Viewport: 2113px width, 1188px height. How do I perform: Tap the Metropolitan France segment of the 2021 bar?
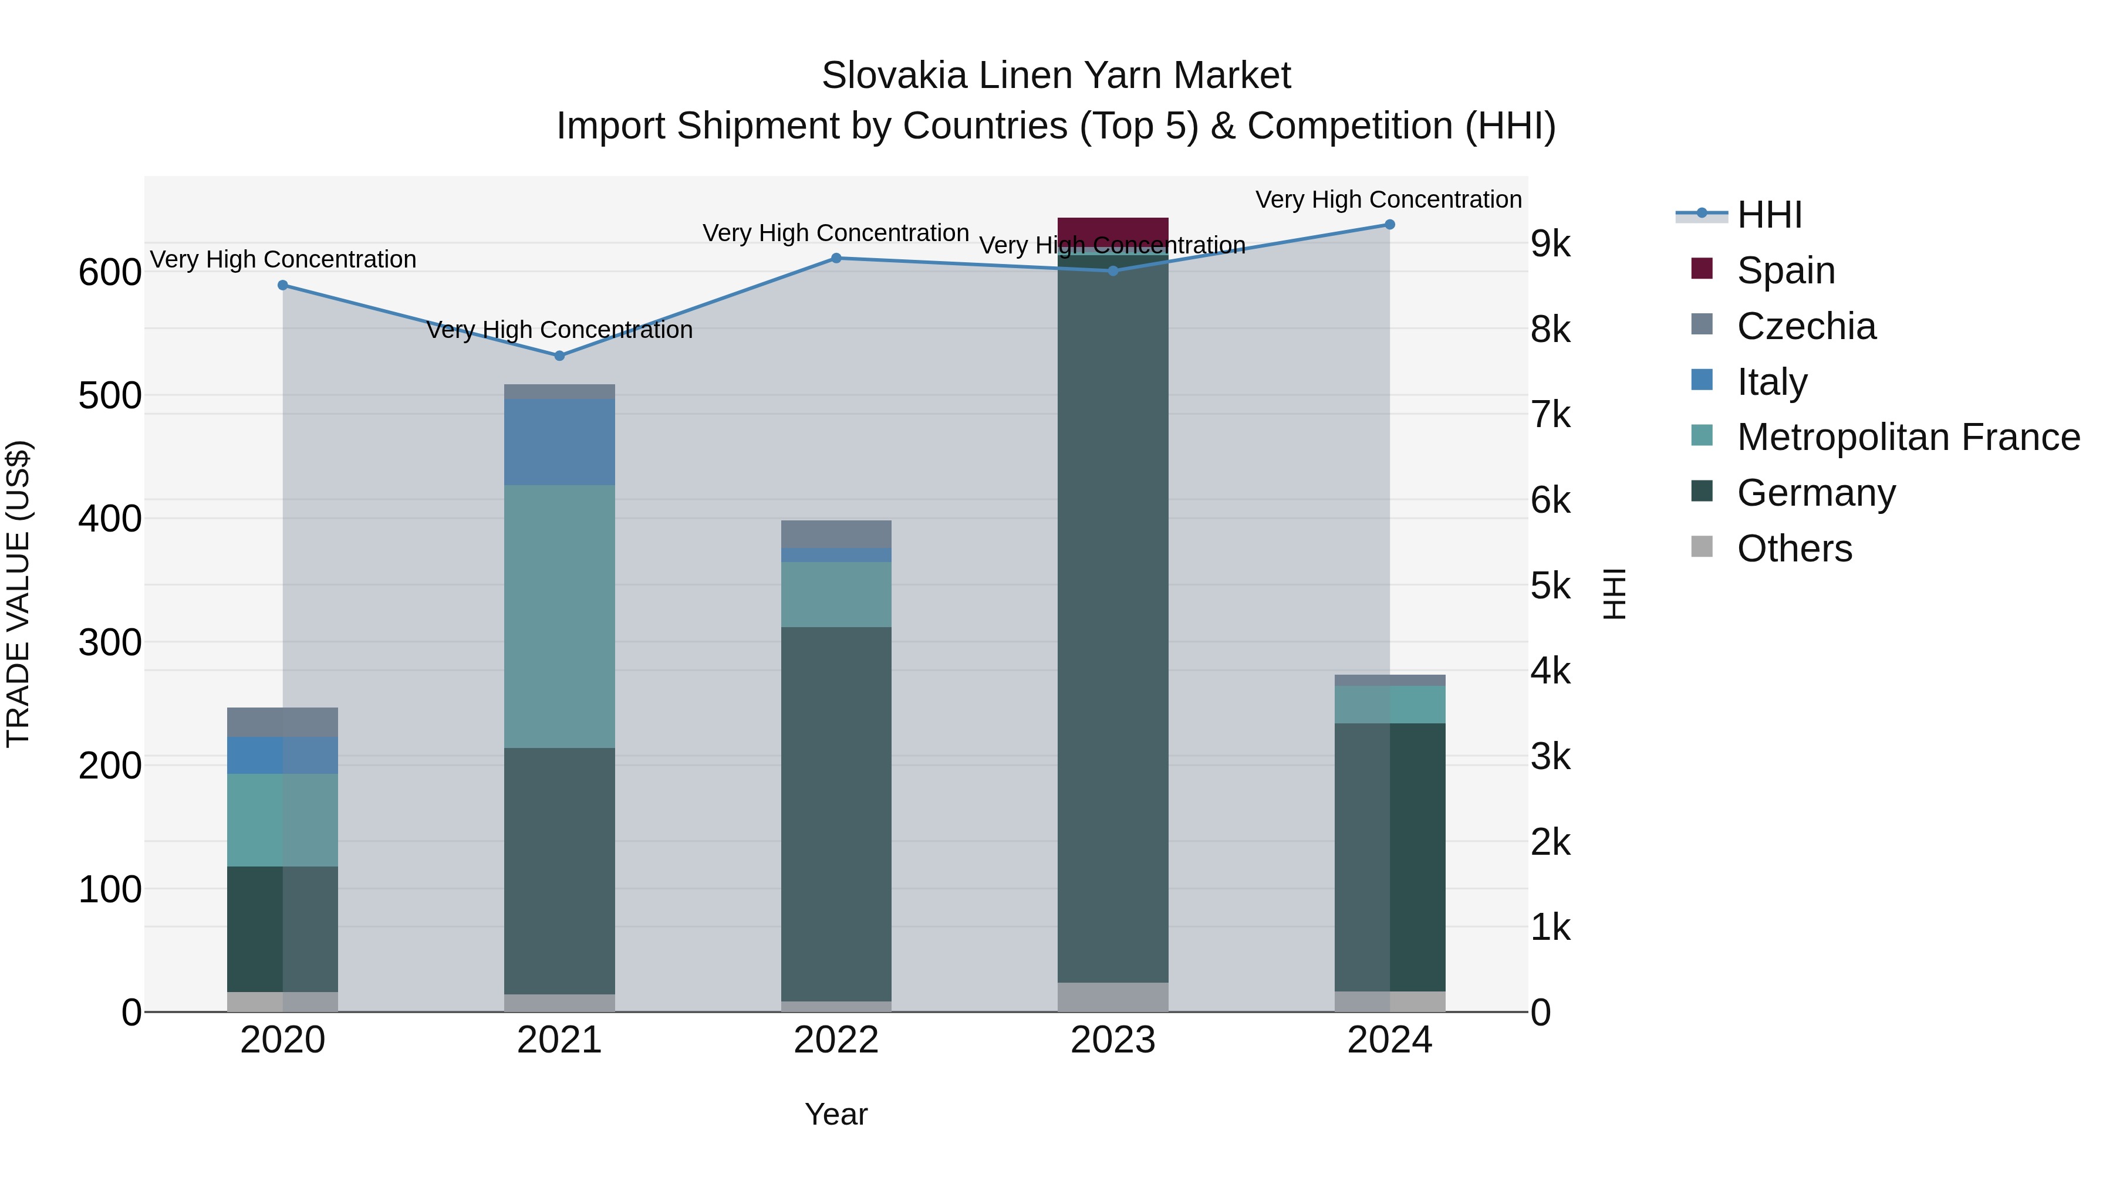(559, 616)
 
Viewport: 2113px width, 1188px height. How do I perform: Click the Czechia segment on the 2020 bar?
(282, 722)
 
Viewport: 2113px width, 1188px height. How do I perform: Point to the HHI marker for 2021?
(559, 356)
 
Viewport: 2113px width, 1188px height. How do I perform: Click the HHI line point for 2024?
(1389, 225)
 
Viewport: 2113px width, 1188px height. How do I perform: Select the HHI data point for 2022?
(836, 258)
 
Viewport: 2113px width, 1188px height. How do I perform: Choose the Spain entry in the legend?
(1785, 270)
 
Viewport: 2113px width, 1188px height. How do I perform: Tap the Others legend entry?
(1793, 549)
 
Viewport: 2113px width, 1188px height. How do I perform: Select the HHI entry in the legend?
(1768, 215)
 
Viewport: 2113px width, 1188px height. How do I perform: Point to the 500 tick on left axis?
(110, 396)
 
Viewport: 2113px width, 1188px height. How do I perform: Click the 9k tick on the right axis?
(1550, 244)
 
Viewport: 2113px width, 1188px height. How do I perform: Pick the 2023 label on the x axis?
(1112, 1040)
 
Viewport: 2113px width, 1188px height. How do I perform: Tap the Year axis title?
(835, 1114)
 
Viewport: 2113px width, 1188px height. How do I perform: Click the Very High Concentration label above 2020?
(283, 259)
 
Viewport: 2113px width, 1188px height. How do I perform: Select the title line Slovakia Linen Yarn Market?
(1056, 76)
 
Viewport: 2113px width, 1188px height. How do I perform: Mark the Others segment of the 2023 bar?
(1112, 997)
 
